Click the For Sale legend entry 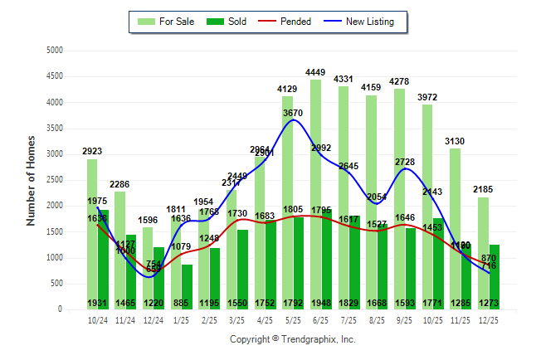pyautogui.click(x=167, y=22)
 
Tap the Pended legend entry pyautogui.click(x=285, y=22)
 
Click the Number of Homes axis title pyautogui.click(x=32, y=180)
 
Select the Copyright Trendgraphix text pyautogui.click(x=292, y=339)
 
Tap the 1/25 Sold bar pyautogui.click(x=187, y=282)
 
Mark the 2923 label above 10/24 pyautogui.click(x=93, y=151)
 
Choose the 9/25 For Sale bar pyautogui.click(x=427, y=149)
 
